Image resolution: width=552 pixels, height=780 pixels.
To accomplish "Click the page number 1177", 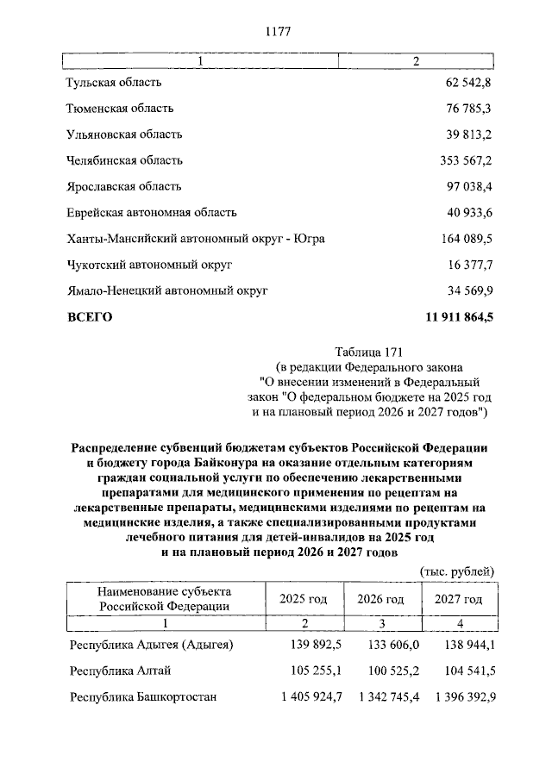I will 276,32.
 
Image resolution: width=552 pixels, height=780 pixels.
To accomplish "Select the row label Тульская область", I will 114,83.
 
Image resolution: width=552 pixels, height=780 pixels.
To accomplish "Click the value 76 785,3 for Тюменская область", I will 467,109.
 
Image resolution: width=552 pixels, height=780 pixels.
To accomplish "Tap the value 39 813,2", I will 467,134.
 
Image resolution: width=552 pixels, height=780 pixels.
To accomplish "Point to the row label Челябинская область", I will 124,160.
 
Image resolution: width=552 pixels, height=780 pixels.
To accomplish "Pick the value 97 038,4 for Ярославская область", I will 467,186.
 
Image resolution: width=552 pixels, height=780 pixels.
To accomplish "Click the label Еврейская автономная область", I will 151,212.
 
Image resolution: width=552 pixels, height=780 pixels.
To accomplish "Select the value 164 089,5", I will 465,238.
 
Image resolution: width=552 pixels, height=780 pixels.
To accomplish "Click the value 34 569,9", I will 467,290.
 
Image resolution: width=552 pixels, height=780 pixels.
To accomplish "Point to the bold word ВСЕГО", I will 90,316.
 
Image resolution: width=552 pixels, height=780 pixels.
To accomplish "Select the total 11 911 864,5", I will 459,316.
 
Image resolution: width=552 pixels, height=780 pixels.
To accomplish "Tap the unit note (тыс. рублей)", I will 456,571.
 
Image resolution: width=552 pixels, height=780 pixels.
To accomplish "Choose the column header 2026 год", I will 380,599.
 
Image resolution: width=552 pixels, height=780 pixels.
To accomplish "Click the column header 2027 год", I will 458,599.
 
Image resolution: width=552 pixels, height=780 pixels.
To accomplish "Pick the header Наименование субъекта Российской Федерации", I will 164,599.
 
